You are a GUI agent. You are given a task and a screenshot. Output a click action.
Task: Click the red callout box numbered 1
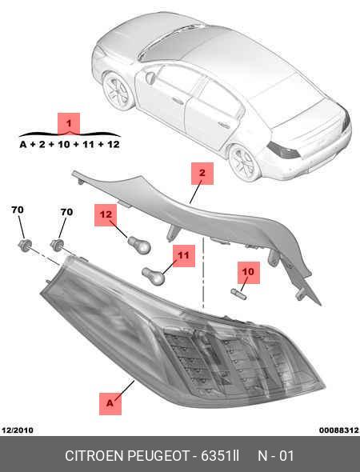point(69,123)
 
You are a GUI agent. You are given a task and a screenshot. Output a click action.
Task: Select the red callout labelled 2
point(202,174)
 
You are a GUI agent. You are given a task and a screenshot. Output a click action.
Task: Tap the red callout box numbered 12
point(106,215)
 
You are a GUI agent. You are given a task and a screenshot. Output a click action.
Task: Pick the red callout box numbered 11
point(184,255)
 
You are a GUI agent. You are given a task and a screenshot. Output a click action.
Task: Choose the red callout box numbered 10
point(249,273)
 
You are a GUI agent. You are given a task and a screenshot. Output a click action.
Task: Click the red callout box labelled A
point(110,404)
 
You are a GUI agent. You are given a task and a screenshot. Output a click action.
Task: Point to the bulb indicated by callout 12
point(139,245)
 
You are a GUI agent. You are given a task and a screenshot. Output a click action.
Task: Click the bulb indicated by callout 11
point(154,276)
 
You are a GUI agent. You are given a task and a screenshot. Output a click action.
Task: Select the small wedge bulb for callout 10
point(238,294)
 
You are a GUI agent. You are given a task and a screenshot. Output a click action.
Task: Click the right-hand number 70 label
point(66,212)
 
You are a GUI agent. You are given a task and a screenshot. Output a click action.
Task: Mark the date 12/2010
point(18,430)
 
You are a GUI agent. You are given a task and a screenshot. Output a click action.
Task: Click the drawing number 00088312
point(339,430)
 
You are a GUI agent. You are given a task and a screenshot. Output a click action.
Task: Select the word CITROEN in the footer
point(95,456)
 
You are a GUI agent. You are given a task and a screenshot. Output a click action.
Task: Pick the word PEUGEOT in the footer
point(158,456)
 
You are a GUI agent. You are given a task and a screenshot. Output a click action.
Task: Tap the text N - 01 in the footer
point(275,456)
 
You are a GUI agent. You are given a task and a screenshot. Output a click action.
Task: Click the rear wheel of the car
point(244,162)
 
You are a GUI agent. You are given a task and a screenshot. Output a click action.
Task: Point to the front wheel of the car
point(118,91)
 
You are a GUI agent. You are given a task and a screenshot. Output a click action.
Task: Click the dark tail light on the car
point(283,150)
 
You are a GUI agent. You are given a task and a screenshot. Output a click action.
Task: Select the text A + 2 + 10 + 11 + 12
point(70,145)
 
